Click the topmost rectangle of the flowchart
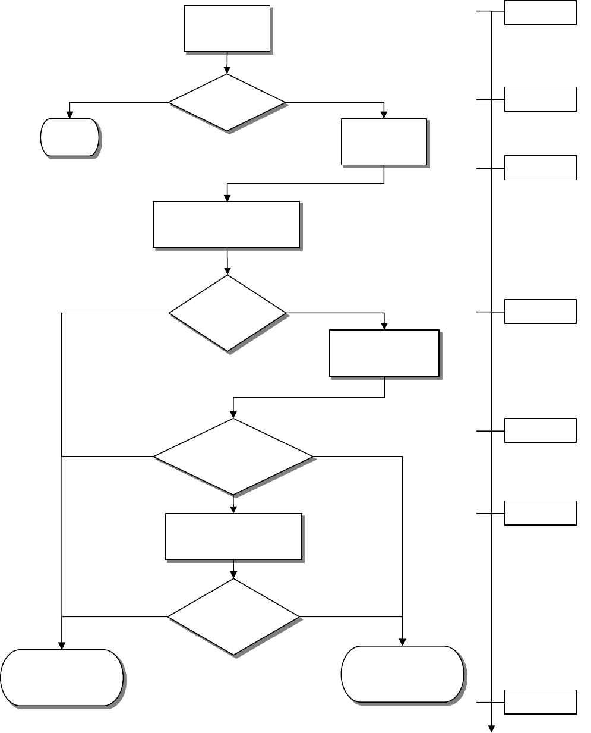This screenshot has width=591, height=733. click(x=227, y=29)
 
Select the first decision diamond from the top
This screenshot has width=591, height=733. click(x=227, y=102)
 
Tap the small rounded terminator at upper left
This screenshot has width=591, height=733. click(x=69, y=137)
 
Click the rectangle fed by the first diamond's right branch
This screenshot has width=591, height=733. click(x=384, y=141)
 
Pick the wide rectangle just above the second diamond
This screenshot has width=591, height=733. click(x=226, y=224)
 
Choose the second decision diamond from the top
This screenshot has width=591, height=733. click(x=227, y=313)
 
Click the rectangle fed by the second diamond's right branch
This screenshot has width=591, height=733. click(x=384, y=353)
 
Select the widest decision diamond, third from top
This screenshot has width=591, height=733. click(x=233, y=457)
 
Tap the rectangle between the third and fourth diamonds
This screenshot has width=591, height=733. click(x=233, y=536)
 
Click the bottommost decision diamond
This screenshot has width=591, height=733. click(x=233, y=617)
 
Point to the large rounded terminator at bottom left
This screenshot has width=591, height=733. click(x=62, y=678)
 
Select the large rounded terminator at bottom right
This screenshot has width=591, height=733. click(x=402, y=674)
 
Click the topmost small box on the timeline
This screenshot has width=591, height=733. click(x=540, y=12)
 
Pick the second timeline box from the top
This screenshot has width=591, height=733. click(x=540, y=99)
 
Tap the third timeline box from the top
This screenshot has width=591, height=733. click(x=540, y=168)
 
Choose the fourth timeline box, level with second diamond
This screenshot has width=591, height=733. click(x=540, y=311)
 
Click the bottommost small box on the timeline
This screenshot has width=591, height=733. click(x=540, y=701)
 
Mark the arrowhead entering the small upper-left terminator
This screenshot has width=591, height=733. click(x=69, y=115)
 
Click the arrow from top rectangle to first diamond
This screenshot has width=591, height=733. click(x=227, y=63)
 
